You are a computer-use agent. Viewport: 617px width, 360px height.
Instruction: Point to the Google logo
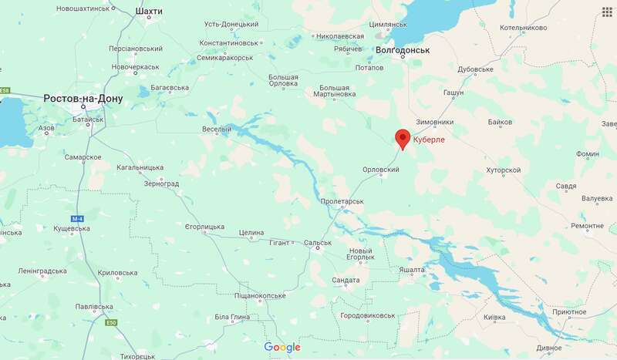282,347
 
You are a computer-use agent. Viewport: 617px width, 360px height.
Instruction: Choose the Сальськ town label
318,243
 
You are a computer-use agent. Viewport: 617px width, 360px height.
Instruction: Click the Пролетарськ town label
342,201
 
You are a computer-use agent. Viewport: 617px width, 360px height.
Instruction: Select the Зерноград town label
161,184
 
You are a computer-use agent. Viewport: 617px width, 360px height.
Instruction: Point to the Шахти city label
148,12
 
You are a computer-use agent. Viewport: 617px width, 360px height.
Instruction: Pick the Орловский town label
380,170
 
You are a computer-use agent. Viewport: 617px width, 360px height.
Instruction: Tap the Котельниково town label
523,28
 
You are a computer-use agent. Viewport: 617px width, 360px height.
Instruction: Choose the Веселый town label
216,129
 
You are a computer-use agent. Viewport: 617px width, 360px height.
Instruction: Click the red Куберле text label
430,140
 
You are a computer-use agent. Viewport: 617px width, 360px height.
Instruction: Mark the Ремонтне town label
588,226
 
